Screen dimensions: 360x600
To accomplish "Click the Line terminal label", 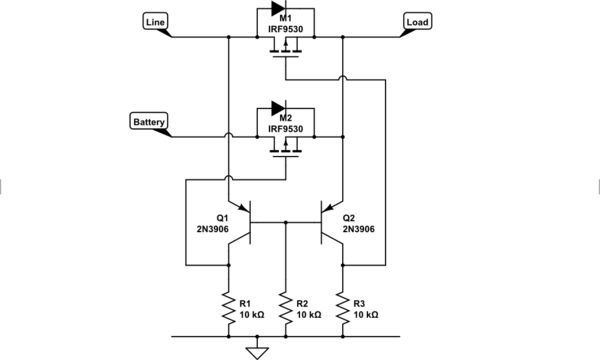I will point(156,21).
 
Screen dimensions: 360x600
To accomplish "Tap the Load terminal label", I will point(417,21).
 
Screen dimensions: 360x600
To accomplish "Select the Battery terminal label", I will point(149,122).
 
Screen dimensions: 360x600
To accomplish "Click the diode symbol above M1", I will point(286,10).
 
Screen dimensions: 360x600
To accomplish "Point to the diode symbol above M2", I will point(286,109).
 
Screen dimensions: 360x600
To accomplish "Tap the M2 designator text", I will point(286,118).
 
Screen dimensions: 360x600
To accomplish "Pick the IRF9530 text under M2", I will point(286,128).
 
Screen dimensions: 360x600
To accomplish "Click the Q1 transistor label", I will point(222,217).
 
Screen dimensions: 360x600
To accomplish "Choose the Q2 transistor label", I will point(349,217).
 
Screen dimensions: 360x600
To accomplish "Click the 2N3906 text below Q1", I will point(215,229).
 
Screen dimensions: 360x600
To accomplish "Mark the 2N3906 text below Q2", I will point(358,229).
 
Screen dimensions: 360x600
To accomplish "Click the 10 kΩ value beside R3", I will point(364,314).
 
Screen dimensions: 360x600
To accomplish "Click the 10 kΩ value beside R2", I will point(307,314).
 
